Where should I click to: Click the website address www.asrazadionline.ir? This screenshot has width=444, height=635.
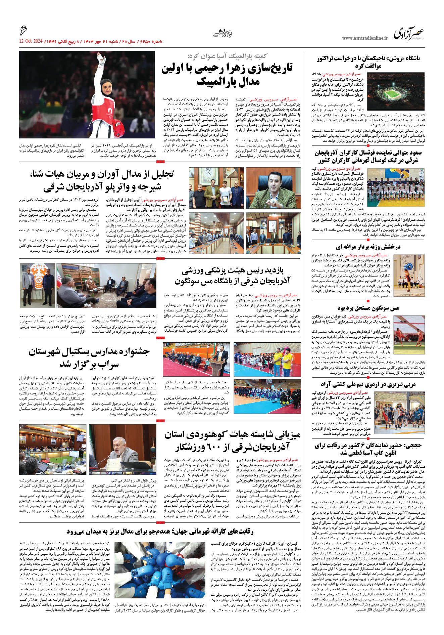364,38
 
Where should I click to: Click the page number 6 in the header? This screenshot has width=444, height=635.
23,31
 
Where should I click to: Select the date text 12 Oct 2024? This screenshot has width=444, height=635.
31,41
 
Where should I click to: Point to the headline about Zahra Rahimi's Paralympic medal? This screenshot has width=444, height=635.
227,74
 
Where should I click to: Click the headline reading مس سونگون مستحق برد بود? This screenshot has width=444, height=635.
368,308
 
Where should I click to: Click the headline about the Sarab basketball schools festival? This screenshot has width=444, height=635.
89,358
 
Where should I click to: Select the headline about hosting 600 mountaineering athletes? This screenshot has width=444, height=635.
232,441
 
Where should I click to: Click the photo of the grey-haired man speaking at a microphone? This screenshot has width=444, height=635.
122,450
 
